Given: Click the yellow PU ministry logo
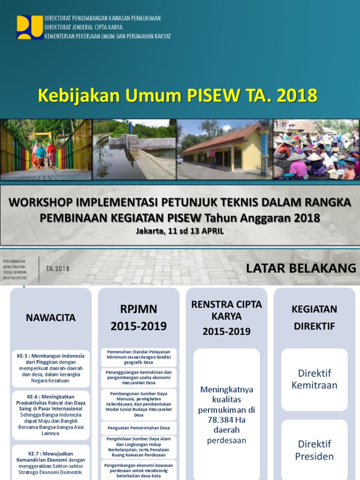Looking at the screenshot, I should click(x=30, y=27).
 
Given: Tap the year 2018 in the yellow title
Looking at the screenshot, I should click(x=297, y=95).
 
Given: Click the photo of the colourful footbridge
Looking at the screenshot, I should click(x=46, y=150).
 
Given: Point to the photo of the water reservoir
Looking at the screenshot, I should click(x=134, y=150).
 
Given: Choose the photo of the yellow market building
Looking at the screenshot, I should click(x=225, y=150).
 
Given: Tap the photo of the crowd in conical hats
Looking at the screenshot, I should click(x=316, y=150).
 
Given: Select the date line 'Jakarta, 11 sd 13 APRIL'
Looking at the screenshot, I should click(x=180, y=231).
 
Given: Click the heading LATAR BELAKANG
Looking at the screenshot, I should click(x=301, y=268).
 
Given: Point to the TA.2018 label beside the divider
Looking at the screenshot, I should click(x=58, y=269).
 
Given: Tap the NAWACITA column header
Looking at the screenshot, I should click(x=51, y=317).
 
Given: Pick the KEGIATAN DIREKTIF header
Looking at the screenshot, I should click(x=315, y=317).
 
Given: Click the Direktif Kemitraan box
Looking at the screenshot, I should click(x=315, y=379).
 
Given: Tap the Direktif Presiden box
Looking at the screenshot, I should click(x=315, y=450).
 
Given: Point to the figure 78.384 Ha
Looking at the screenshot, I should click(x=226, y=420).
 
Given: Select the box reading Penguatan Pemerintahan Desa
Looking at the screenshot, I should click(x=138, y=428).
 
